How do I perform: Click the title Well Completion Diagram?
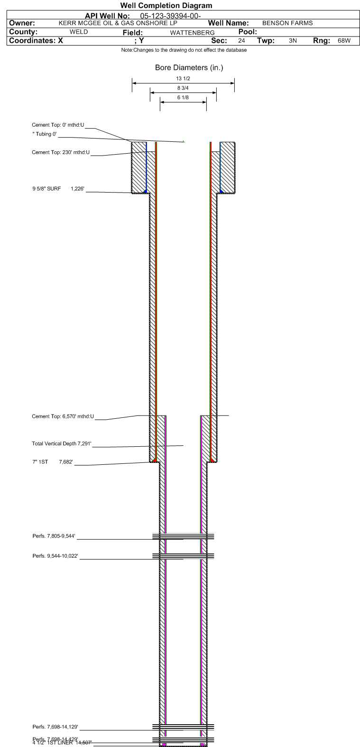click(x=166, y=6)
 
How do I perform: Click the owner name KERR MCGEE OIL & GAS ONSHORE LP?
click(x=118, y=23)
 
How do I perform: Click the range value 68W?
click(x=344, y=41)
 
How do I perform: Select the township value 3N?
click(x=293, y=41)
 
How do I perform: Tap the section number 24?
click(x=242, y=41)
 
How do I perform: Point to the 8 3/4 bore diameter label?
click(x=183, y=88)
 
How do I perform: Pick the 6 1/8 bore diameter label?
click(x=183, y=97)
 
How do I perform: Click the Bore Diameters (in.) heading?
click(x=189, y=68)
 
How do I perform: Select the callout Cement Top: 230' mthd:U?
click(x=61, y=152)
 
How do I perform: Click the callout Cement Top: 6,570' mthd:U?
click(x=63, y=416)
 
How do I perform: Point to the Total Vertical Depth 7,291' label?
click(x=61, y=444)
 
